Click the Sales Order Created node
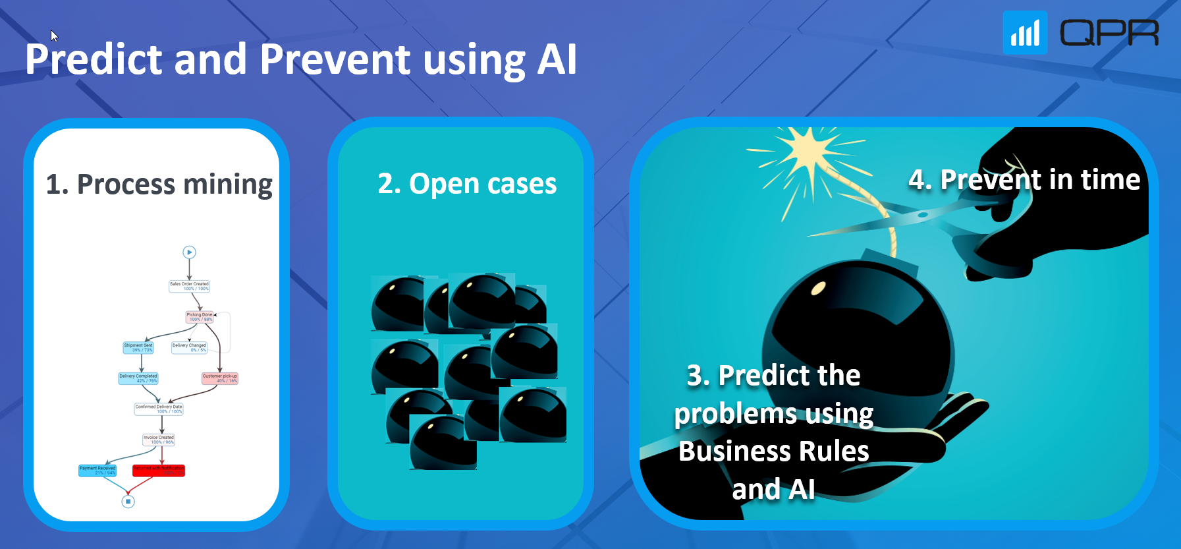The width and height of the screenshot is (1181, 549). (189, 286)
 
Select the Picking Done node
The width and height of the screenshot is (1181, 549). (199, 317)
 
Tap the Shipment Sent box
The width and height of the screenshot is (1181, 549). (138, 347)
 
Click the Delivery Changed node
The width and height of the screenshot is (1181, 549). (189, 347)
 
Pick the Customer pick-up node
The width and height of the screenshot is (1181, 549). (219, 378)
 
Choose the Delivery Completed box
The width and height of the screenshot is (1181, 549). (138, 378)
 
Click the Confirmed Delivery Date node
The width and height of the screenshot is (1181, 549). (159, 409)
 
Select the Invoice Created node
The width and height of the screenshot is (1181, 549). (159, 440)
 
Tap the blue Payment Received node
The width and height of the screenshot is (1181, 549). (97, 471)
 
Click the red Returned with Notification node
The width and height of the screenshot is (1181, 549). (159, 471)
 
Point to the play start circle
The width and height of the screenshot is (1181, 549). (189, 252)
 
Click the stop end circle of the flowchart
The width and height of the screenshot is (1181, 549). (128, 502)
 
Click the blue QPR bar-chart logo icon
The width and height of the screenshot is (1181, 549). (1025, 33)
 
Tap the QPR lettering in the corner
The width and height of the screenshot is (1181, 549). (1109, 33)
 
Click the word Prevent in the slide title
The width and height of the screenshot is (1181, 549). (335, 59)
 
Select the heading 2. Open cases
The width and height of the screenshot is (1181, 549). (467, 184)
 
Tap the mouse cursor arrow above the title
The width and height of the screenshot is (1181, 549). (54, 36)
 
